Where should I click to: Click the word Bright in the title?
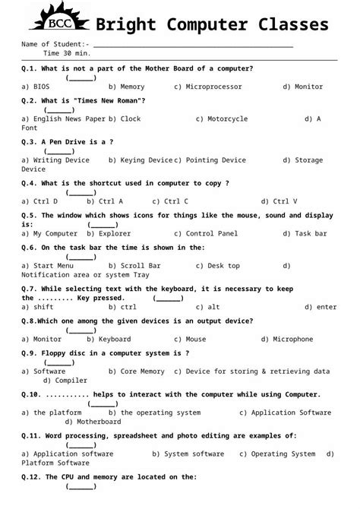(126, 24)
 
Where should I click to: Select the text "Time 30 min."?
(67, 54)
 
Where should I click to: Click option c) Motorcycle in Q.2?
(221, 119)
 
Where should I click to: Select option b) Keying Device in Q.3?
(141, 160)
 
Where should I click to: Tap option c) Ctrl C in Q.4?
(170, 201)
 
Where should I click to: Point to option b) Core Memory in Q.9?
(136, 371)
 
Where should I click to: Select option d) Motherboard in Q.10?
(93, 421)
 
